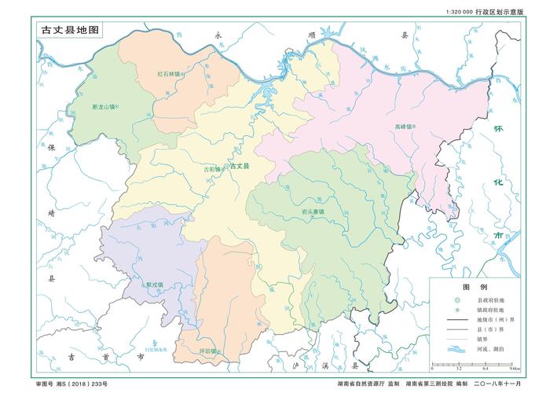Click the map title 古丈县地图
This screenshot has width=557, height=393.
71,30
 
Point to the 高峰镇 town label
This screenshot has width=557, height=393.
404,127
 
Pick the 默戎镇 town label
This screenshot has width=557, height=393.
154,285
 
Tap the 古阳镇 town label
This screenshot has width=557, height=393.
212,168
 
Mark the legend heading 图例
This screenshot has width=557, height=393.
475,288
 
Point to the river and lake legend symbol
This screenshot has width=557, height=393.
453,351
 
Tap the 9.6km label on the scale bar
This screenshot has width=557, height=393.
514,368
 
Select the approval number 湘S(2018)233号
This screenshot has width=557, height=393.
71,384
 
